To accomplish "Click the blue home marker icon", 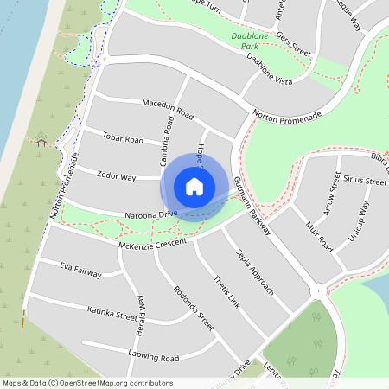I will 194,186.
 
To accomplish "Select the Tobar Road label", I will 123,138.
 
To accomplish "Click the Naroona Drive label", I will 151,213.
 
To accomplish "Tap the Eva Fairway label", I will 80,271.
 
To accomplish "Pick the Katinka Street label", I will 112,311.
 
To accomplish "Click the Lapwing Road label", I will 151,357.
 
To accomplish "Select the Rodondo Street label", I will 193,309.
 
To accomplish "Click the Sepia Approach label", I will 255,270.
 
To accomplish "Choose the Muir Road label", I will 319,234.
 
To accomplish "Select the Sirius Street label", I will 365,182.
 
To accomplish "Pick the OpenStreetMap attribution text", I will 86,383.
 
